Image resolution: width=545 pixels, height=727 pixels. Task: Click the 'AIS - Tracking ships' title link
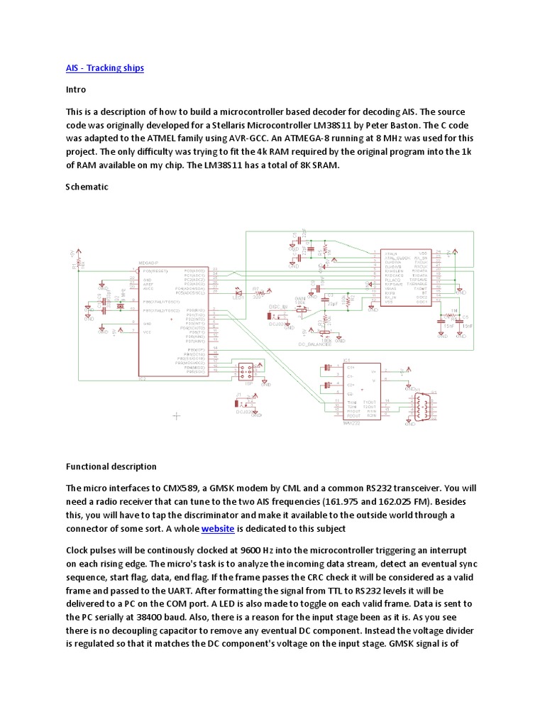click(105, 68)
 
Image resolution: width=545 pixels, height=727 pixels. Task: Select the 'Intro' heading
click(76, 90)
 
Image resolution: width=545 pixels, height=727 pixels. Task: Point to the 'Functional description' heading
click(111, 466)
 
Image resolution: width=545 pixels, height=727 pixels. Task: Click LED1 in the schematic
click(238, 293)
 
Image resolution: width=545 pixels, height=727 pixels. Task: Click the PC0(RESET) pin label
click(155, 271)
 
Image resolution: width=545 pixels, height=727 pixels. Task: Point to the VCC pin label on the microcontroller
click(147, 332)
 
